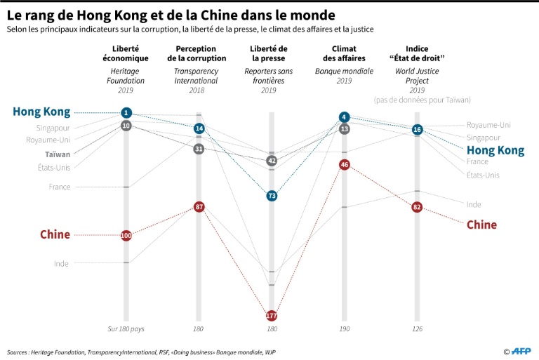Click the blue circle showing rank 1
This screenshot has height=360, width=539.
[126, 113]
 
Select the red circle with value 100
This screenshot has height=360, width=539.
[126, 235]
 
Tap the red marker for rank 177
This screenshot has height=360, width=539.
[272, 316]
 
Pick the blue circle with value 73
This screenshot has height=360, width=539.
[272, 196]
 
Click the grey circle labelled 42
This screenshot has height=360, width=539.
[272, 161]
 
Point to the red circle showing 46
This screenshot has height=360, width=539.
[344, 164]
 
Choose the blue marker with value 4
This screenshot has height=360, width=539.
[344, 117]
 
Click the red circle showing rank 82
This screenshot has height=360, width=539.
[417, 207]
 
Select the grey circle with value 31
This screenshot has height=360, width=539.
[199, 149]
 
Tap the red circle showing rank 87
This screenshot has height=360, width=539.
[199, 207]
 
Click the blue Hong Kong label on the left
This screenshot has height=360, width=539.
[41, 112]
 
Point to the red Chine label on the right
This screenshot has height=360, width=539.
[481, 225]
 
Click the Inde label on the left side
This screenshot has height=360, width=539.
[61, 263]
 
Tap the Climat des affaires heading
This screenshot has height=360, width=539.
[344, 53]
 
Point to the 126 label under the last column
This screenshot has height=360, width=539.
[417, 328]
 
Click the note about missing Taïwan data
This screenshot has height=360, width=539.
[422, 100]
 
